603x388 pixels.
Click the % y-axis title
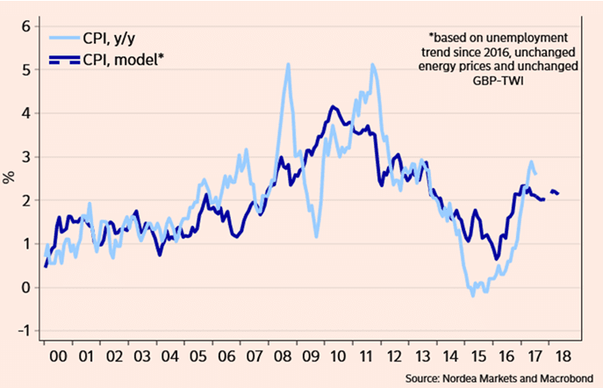coord(9,178)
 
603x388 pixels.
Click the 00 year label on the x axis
coord(59,357)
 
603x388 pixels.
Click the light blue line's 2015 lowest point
coord(471,296)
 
